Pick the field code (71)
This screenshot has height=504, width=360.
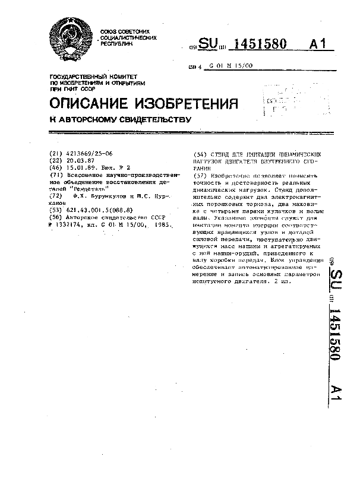55,176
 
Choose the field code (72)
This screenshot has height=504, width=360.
55,195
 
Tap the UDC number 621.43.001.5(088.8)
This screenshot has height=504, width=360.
98,211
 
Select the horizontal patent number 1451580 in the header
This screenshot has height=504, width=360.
261,45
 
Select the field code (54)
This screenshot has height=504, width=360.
194,153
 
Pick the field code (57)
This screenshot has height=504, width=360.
194,176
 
